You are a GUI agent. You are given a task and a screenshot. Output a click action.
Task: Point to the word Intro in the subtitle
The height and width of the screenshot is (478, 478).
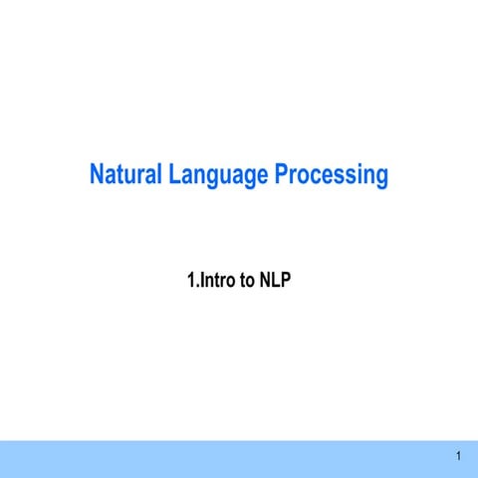[219, 281]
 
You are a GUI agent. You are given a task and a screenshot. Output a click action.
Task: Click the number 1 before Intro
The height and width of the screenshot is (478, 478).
[191, 281]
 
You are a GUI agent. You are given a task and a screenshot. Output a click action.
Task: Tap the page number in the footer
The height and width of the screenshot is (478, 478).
[458, 457]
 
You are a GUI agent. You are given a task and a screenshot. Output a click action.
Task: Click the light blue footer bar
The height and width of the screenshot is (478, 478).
[239, 458]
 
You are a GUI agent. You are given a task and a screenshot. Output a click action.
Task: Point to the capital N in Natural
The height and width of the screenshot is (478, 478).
[98, 176]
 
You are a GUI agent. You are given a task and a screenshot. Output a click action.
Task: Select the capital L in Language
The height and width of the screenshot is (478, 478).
[174, 176]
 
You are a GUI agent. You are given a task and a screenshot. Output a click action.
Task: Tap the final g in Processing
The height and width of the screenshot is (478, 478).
[380, 179]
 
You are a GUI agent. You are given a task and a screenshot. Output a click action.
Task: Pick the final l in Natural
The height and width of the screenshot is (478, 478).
[159, 176]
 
